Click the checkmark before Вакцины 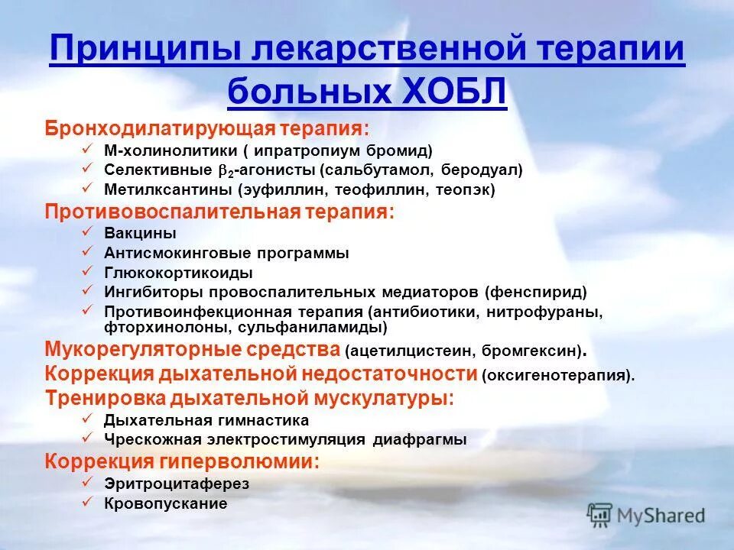(x=88, y=231)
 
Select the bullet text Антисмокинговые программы (x=226, y=253)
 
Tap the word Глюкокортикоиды (x=178, y=273)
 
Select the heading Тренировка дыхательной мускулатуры (x=249, y=398)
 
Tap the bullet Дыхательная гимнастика (x=206, y=420)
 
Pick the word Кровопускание (x=166, y=503)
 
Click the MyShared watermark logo (x=645, y=515)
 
